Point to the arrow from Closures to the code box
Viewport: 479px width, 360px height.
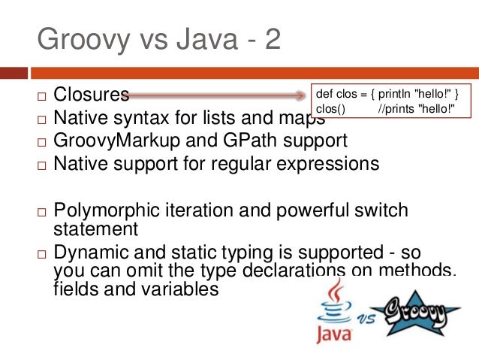click(218, 95)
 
